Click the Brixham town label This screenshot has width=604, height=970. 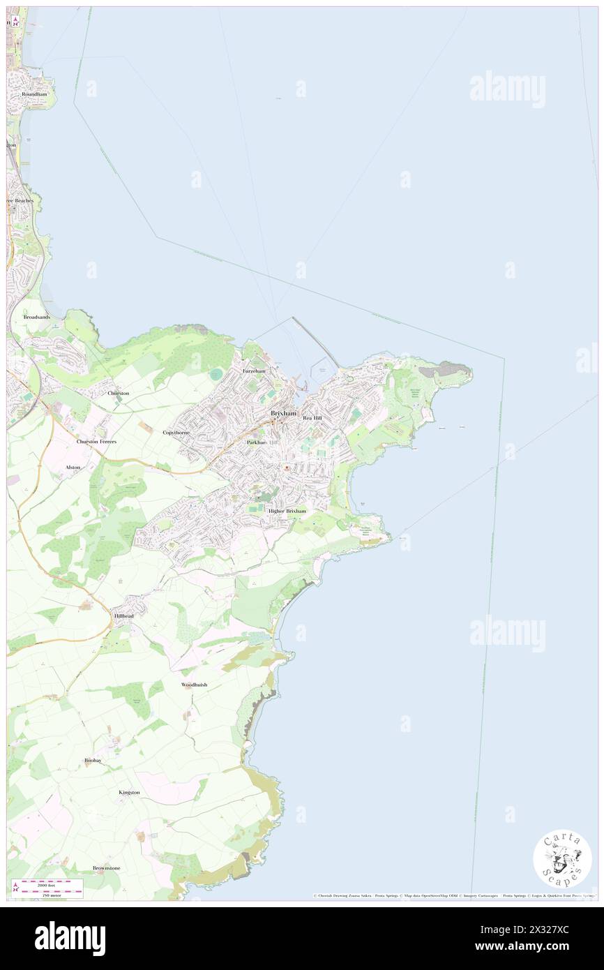click(x=283, y=414)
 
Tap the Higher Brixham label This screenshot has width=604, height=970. click(x=287, y=511)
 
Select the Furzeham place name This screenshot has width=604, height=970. click(x=254, y=371)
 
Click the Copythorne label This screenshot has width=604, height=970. click(x=176, y=433)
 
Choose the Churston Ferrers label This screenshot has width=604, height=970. click(x=96, y=442)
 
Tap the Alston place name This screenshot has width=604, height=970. click(x=73, y=467)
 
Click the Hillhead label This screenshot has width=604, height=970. click(x=123, y=616)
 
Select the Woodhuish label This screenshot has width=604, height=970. click(x=194, y=685)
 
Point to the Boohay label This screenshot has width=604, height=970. click(x=93, y=760)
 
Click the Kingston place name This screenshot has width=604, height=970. click(x=129, y=792)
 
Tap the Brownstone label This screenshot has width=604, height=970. click(x=106, y=867)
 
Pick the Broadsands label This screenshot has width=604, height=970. click(x=36, y=317)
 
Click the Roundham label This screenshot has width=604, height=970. click(x=33, y=94)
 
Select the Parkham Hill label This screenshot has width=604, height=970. click(x=262, y=442)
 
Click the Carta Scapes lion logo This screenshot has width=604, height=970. click(x=562, y=858)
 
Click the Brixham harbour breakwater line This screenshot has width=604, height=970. click(x=315, y=342)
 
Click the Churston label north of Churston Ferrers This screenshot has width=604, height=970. click(x=119, y=393)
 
